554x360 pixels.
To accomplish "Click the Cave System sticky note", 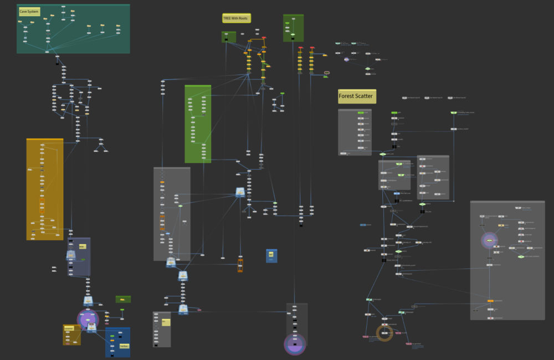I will (28, 11).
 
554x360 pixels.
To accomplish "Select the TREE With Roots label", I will (237, 18).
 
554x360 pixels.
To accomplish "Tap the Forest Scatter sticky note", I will (357, 96).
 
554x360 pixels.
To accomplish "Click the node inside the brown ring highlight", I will (384, 332).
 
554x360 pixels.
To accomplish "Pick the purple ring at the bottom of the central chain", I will (295, 344).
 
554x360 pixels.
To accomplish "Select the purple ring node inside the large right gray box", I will (489, 240).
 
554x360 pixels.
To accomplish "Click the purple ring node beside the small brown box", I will (88, 320).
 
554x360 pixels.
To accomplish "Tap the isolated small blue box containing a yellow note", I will (271, 255).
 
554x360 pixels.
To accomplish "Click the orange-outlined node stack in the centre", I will (240, 265).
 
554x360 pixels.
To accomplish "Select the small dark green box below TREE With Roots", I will (229, 37).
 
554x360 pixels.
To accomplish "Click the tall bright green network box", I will (198, 124).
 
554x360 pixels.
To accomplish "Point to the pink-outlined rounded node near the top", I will (327, 73).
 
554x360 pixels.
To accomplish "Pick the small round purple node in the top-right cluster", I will (346, 59).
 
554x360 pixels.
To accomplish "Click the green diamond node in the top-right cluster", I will (367, 69).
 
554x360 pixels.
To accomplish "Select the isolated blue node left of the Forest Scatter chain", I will (363, 225).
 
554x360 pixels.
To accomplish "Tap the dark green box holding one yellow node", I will (123, 299).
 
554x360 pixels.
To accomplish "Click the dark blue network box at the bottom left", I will (117, 342).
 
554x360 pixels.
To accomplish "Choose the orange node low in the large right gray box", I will (490, 301).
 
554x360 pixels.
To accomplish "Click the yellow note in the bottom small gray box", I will (166, 322).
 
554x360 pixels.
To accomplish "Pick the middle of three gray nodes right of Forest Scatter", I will (434, 97).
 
